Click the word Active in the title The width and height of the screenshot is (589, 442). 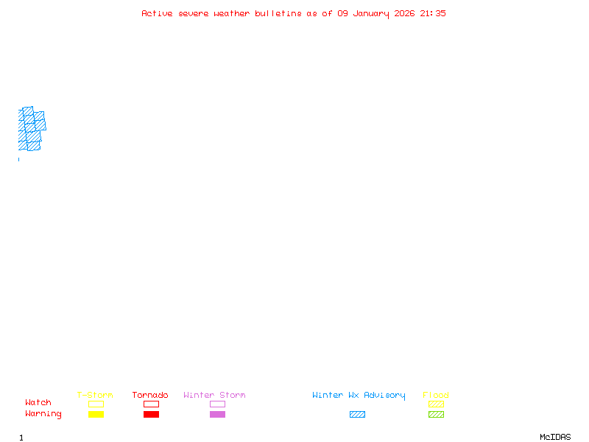point(157,13)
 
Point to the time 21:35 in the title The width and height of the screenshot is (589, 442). point(433,13)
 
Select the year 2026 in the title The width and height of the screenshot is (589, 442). point(405,13)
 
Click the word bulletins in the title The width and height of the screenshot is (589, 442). point(278,13)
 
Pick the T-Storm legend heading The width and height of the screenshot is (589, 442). point(95,396)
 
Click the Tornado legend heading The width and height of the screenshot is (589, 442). point(150,396)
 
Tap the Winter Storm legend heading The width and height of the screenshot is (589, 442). point(214,396)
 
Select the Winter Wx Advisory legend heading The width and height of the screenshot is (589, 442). point(359,396)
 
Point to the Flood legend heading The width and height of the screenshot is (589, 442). point(436,396)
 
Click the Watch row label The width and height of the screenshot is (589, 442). point(38,403)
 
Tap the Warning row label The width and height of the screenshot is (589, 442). point(43,414)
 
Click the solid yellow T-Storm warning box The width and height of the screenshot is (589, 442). point(96,415)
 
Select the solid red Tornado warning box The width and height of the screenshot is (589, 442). point(151,415)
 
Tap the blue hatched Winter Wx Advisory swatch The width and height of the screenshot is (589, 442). point(357,415)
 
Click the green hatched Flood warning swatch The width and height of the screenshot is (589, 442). point(436,415)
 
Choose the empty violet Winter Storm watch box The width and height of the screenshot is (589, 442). point(217,404)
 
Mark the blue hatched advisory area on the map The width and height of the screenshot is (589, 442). point(30,129)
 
